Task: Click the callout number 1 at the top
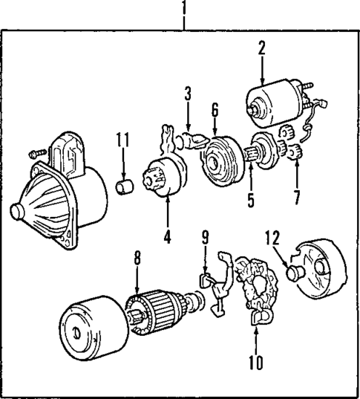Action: pos(184,7)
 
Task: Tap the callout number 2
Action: pos(262,48)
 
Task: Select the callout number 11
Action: pos(122,140)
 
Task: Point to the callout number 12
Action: pos(273,237)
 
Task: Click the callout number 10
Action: pos(256,362)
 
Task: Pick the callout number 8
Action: pos(137,258)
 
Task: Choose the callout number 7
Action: pos(297,198)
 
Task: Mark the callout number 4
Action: pos(167,237)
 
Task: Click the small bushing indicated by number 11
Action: pos(125,187)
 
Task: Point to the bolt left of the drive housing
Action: pos(38,154)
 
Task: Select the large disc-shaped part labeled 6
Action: pos(220,160)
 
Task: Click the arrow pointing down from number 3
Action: pos(188,116)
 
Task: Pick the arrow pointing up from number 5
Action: pos(251,178)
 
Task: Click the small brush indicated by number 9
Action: pos(205,280)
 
